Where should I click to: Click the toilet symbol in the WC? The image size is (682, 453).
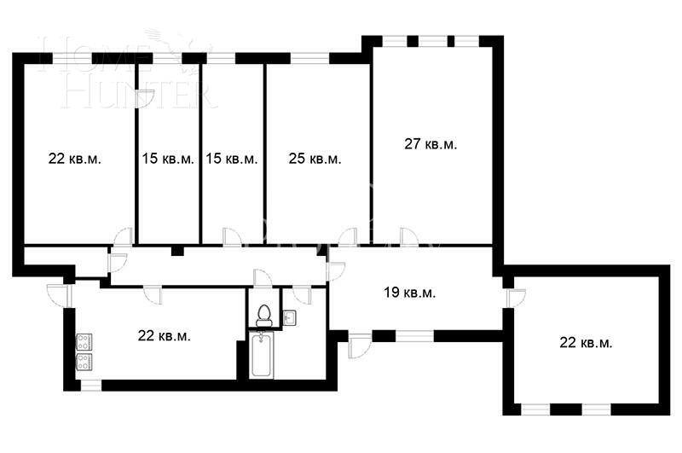(264, 315)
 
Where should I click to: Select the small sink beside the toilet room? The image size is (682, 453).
(288, 318)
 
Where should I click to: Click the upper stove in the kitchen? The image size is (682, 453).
(84, 341)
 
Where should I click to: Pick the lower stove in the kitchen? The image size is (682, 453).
(84, 361)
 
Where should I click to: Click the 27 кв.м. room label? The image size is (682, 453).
(430, 144)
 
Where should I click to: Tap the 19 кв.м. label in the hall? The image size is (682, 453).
(409, 293)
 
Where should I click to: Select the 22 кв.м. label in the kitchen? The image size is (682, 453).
(164, 335)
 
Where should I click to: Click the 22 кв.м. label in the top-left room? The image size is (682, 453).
(75, 159)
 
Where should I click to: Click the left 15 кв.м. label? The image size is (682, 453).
(168, 159)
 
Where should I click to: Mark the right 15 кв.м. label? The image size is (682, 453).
(231, 159)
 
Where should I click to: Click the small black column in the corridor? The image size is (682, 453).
(176, 251)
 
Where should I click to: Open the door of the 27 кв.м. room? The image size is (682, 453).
(409, 236)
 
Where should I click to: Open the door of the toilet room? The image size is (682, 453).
(263, 279)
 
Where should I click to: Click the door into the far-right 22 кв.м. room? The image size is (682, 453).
(515, 298)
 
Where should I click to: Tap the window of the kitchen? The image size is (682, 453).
(90, 386)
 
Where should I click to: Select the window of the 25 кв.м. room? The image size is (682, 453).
(309, 58)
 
